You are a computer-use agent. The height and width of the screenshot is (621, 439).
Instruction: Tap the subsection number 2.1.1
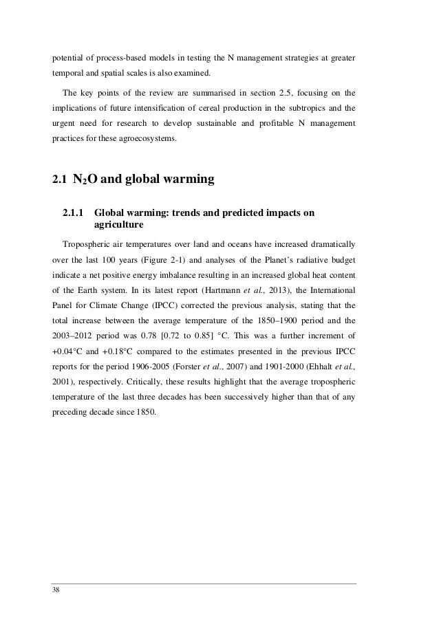point(75,213)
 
